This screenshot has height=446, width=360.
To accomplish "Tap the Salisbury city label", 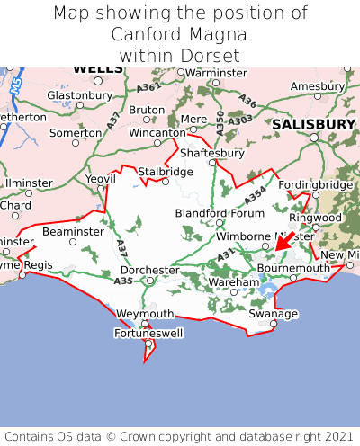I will coord(314,124).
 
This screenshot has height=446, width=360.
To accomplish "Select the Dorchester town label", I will coord(149,270).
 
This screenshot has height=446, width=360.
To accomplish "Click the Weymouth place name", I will coord(145,313).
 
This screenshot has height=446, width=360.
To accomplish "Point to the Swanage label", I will coord(273,313).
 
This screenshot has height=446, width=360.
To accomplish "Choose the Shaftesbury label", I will coord(214,153).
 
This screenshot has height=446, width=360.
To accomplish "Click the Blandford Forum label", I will coord(220,213).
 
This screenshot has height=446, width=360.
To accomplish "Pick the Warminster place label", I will coord(217,72).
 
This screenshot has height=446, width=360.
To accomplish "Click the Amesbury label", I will coord(318,86).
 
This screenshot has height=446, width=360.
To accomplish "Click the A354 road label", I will coord(256,193).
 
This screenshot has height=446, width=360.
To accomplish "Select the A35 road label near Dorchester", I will coord(123,281).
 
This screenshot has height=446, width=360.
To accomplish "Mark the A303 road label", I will coord(240,120).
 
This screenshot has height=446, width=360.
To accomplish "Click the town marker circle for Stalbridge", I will coord(164,181).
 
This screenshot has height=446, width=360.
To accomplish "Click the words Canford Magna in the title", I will coord(179,34).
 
